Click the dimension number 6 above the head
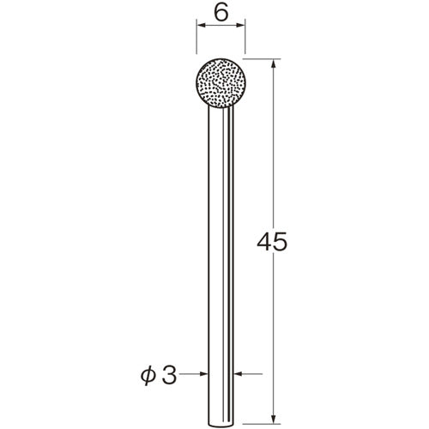point(221,13)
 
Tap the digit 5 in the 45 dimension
point(280,242)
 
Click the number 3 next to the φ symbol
point(169,374)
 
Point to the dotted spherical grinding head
point(221,83)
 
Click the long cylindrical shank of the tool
point(221,266)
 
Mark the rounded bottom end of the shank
point(221,425)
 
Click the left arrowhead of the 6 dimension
point(202,25)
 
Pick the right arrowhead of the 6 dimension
point(240,25)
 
